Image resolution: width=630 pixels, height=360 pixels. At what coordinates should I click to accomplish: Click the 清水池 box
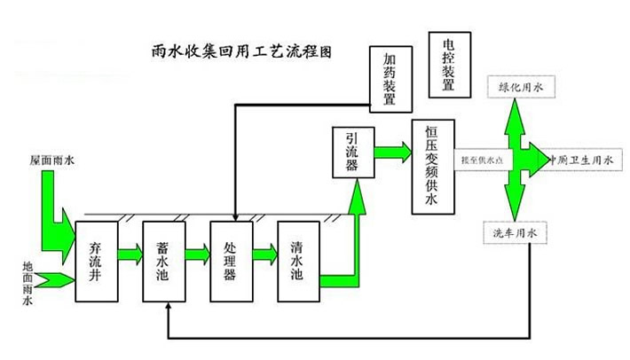point(297,256)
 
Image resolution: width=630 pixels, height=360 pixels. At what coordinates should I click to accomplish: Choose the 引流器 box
point(351,152)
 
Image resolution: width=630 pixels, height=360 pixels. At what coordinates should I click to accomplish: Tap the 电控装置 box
point(447,64)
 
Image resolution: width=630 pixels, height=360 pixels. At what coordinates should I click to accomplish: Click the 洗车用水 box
point(516,233)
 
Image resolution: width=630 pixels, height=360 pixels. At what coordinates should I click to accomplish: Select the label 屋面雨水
point(48,160)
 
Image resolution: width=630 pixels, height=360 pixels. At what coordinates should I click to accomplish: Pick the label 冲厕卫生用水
point(581,160)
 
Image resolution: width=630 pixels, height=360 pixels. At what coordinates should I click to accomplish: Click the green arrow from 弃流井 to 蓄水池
point(129,256)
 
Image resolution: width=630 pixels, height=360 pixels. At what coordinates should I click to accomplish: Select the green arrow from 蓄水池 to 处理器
point(196,256)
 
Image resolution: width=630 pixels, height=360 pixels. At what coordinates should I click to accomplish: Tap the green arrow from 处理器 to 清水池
point(264,256)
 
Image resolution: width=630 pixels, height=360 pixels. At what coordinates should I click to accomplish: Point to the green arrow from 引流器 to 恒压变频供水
point(391,152)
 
